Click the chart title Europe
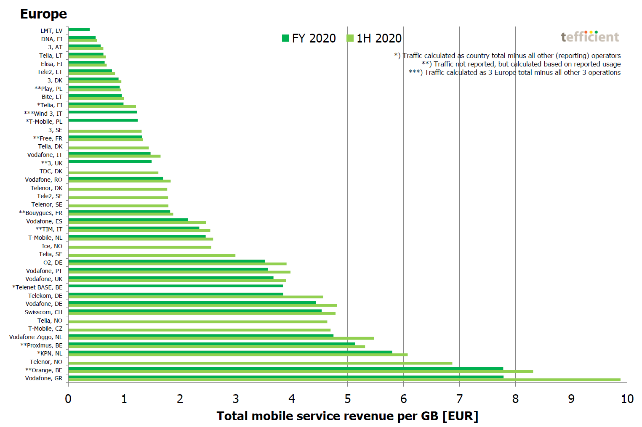(x=43, y=14)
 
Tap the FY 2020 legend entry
(x=309, y=38)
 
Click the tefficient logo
(x=590, y=37)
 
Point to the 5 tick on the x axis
(x=348, y=399)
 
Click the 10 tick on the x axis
(x=627, y=399)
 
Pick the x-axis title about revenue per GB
(x=347, y=416)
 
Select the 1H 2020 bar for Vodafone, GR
(x=344, y=380)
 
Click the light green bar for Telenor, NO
(x=260, y=363)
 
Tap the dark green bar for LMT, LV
(x=79, y=29)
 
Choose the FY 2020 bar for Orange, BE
(x=285, y=369)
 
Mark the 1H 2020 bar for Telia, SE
(x=152, y=255)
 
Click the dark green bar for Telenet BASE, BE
(x=176, y=286)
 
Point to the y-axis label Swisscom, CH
(x=43, y=312)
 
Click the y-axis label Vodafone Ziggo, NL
(x=36, y=337)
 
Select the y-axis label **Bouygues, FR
(x=40, y=213)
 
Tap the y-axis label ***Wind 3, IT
(x=43, y=114)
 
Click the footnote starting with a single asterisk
(x=507, y=56)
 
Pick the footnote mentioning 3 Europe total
(x=514, y=72)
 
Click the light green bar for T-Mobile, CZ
(x=199, y=330)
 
